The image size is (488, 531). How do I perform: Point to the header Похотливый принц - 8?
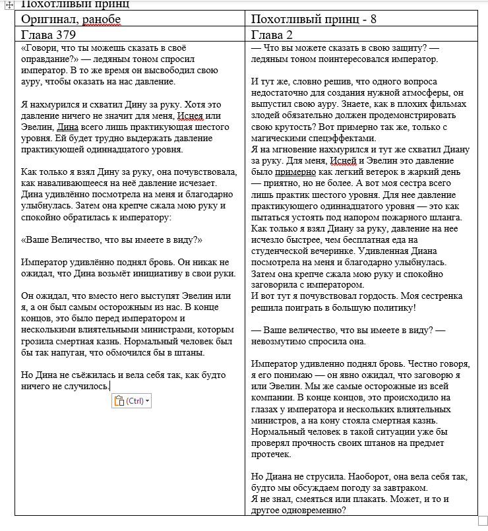[x=314, y=19]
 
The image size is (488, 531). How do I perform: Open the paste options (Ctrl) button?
[x=131, y=401]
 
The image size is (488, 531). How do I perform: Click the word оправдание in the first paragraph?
[x=46, y=59]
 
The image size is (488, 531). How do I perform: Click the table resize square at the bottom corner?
[x=483, y=521]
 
